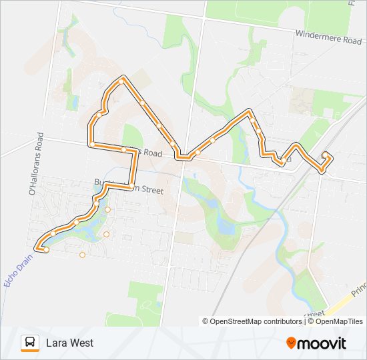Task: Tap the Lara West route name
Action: [69, 343]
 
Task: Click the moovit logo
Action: [316, 343]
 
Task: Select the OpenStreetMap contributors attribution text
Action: [256, 321]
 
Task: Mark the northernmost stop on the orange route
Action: [123, 80]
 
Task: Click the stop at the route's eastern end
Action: [325, 155]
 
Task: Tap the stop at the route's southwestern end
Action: [46, 249]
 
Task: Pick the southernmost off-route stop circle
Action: [82, 254]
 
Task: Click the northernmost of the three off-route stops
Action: [107, 209]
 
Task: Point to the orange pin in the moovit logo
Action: [291, 343]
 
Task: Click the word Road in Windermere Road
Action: [352, 40]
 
